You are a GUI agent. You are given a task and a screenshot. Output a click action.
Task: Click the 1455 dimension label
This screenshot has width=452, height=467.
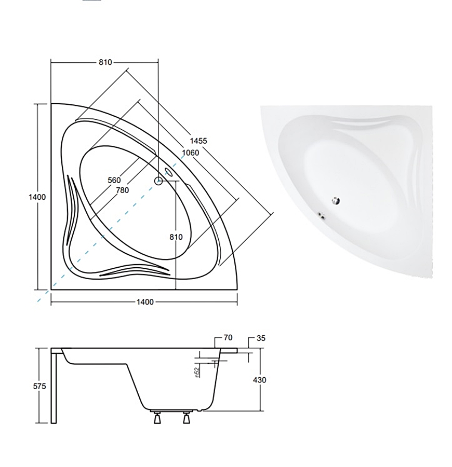click(198, 141)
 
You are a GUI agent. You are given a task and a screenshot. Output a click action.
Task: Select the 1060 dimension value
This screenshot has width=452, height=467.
click(191, 153)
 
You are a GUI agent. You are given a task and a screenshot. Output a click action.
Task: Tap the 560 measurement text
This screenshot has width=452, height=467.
click(114, 180)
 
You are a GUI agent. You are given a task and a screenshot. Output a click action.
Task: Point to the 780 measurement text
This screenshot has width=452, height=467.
click(122, 190)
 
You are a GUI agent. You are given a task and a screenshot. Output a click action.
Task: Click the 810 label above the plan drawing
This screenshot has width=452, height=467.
click(105, 62)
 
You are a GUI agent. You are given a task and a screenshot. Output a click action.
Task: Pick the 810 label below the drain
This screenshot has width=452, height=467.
click(176, 237)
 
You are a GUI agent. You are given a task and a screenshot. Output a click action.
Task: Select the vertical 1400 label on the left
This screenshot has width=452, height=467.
click(37, 197)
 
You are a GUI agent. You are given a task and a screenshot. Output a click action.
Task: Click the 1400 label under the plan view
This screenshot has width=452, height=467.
click(145, 301)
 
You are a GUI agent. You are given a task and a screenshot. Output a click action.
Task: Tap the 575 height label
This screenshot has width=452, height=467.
click(39, 386)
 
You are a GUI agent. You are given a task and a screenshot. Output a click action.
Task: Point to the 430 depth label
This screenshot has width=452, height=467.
click(259, 380)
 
